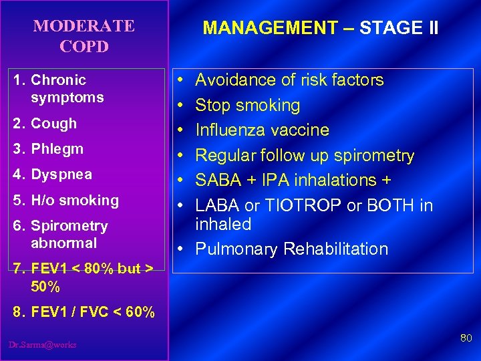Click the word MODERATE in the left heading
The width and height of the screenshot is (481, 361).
click(x=84, y=26)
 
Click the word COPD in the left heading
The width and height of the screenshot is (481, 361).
click(x=84, y=47)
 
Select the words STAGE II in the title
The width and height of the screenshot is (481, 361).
click(x=399, y=28)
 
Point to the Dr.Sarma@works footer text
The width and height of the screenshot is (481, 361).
click(x=43, y=344)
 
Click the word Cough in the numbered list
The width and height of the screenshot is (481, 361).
click(x=54, y=124)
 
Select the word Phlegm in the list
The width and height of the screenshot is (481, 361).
click(x=57, y=149)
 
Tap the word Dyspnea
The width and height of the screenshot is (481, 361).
click(x=61, y=174)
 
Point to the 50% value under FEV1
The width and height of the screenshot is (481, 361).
click(x=45, y=287)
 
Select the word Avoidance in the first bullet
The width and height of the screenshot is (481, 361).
click(x=229, y=80)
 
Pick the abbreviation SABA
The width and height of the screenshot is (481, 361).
click(x=216, y=180)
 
